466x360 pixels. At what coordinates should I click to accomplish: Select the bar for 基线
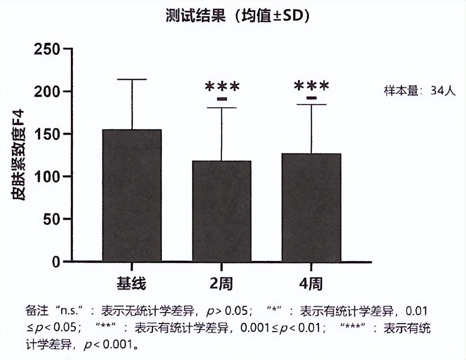(132, 195)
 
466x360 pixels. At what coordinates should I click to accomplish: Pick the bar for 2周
(222, 211)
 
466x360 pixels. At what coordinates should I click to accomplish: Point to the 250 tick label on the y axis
(47, 49)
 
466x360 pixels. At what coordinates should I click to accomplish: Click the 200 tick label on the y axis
(47, 91)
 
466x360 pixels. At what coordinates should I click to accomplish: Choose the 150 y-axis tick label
(47, 134)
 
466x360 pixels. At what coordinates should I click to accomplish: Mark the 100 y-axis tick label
(47, 176)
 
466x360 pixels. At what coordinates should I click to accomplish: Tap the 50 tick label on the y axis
(52, 219)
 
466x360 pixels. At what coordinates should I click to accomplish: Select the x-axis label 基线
(132, 284)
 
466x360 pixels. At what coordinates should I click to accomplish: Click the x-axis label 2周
(221, 284)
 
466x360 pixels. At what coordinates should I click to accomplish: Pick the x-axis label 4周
(311, 284)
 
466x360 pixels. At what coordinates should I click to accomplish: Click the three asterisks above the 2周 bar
(222, 86)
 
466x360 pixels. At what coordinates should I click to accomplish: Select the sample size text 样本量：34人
(419, 91)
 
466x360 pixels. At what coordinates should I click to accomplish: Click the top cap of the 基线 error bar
(132, 79)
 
